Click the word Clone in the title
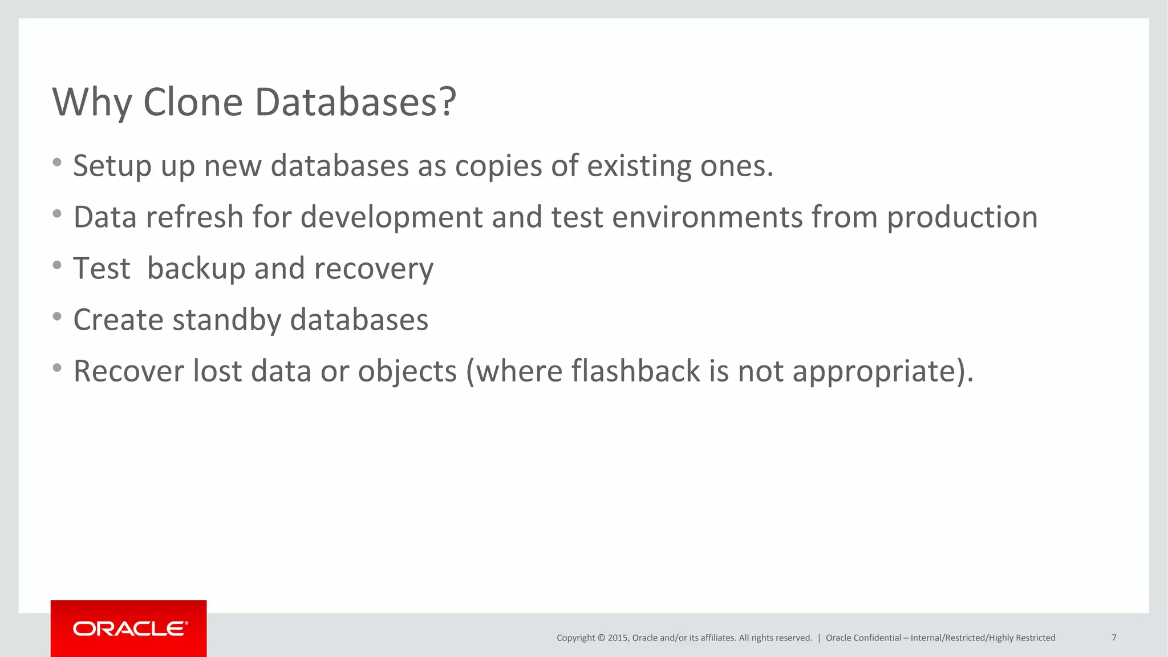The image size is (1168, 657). (x=193, y=103)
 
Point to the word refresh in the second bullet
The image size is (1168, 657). (x=194, y=217)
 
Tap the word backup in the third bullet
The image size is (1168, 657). (x=196, y=269)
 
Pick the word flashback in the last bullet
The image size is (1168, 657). (x=635, y=371)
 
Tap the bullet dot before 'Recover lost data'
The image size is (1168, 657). (x=57, y=368)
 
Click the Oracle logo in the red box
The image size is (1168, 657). (x=129, y=628)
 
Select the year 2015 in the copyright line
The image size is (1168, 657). (x=617, y=638)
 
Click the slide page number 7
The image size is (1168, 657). (x=1114, y=638)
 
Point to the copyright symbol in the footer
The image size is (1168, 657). (x=601, y=638)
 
